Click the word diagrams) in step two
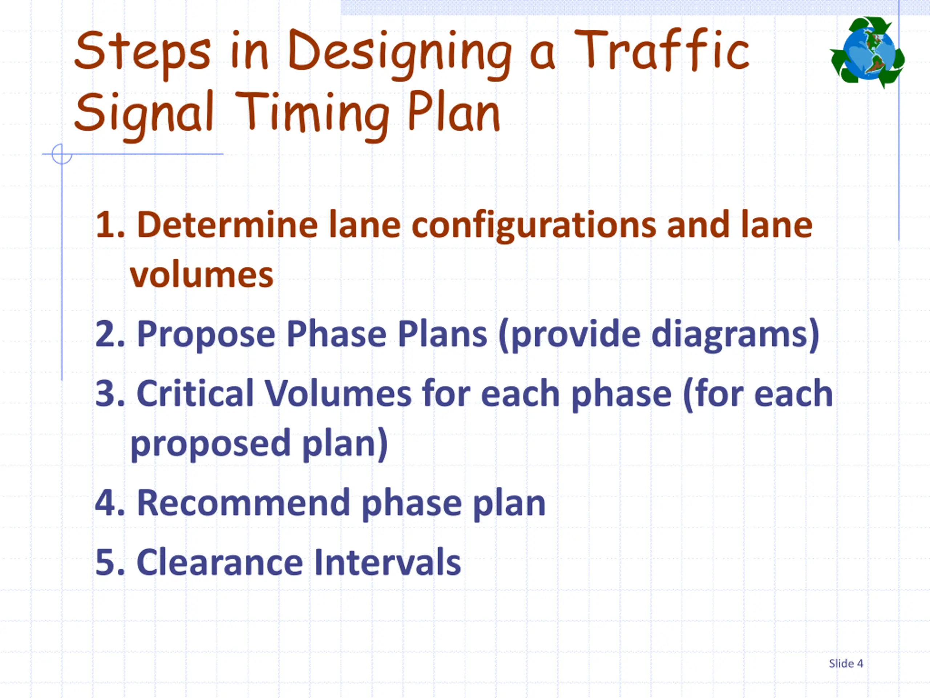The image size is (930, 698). (735, 335)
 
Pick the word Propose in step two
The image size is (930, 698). (206, 335)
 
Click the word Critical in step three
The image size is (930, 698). (195, 394)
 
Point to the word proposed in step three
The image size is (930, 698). (210, 444)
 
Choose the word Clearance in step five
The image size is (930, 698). (219, 562)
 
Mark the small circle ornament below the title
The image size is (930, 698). (62, 154)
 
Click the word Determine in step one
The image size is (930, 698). (227, 225)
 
